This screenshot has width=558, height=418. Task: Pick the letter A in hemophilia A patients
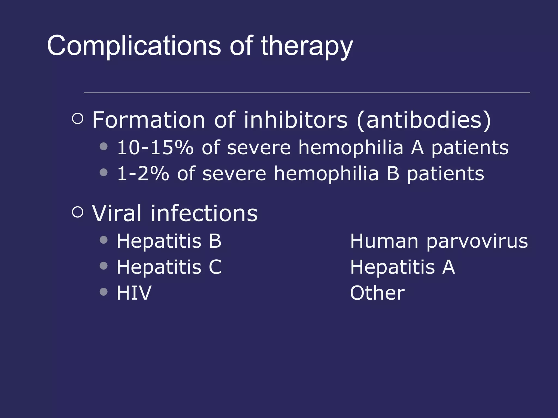point(417,147)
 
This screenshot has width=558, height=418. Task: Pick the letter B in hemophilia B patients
point(393,174)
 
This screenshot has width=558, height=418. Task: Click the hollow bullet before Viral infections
point(78,212)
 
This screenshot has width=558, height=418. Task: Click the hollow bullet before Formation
point(78,119)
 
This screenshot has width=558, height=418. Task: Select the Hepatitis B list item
point(169,241)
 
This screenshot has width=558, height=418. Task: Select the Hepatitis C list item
point(169,267)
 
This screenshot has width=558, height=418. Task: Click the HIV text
point(134,293)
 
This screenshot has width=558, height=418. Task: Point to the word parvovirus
point(477,241)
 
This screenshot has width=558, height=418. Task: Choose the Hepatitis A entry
point(402,267)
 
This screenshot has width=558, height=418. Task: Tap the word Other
point(377,293)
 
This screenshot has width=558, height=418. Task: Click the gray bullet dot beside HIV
point(104,292)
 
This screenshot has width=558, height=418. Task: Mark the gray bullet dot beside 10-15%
point(104,147)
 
